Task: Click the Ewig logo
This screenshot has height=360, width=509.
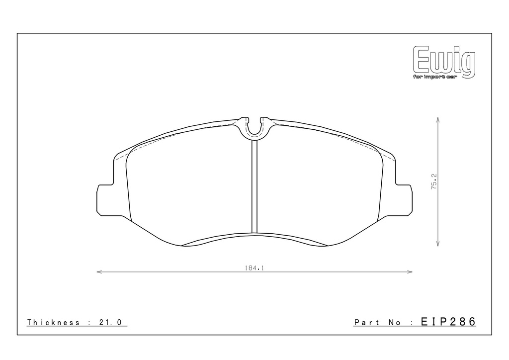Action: tap(444, 62)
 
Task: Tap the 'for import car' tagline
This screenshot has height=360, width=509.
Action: tap(434, 77)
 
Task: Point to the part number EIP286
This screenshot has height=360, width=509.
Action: tap(448, 322)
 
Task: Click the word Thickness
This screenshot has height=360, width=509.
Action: tap(53, 322)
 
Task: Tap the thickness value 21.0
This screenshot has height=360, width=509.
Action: tap(110, 322)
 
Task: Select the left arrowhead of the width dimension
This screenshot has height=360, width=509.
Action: tap(99, 272)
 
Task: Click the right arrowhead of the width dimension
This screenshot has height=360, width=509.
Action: tap(410, 272)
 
